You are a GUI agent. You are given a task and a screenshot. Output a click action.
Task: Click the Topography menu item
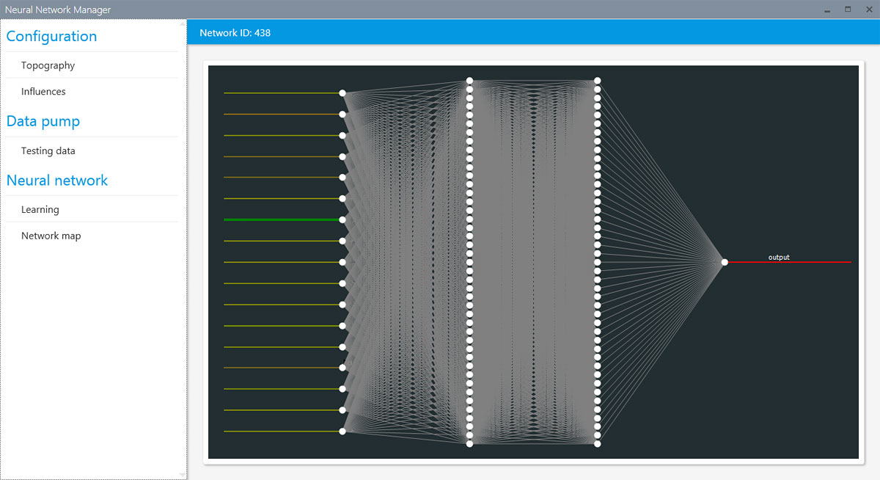tap(48, 65)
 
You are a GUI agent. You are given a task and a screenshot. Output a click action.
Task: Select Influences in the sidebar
tap(43, 91)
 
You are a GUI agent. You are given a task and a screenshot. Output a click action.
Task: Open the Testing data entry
tap(48, 150)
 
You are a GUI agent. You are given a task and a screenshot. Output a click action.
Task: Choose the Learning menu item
tap(40, 209)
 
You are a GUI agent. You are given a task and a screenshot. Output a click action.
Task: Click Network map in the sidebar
tap(51, 236)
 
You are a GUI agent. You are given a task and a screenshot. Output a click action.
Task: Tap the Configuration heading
tap(51, 36)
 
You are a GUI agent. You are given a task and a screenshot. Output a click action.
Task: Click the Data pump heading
tap(43, 121)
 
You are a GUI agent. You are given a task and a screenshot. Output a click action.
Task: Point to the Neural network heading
tap(57, 180)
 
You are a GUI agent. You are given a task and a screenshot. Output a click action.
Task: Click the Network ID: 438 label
tap(235, 32)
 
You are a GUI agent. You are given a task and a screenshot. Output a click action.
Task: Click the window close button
tap(869, 10)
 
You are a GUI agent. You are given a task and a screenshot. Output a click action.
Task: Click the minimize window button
tap(827, 10)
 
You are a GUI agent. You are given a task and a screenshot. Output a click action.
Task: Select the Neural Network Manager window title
tap(58, 10)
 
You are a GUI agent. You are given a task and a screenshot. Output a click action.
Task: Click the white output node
tap(725, 262)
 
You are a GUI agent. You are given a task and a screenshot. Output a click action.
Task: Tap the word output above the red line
tap(779, 257)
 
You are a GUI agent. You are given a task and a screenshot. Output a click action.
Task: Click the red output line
tap(790, 262)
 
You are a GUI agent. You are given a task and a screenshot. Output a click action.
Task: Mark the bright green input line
tap(282, 219)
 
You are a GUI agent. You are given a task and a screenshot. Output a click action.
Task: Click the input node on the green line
tap(342, 219)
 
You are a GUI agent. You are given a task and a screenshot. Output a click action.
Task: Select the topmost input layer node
tap(342, 93)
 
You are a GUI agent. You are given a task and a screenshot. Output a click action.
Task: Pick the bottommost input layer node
tap(342, 432)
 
